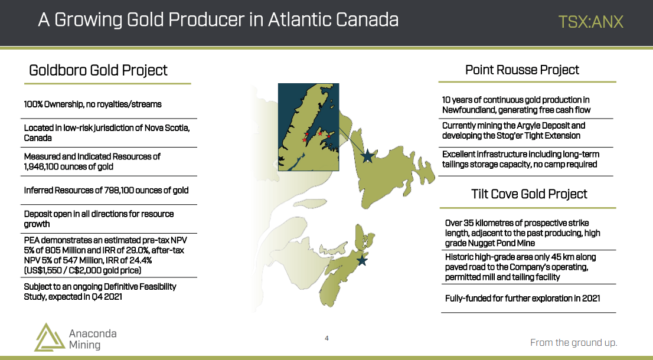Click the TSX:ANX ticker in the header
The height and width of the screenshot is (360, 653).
[x=590, y=22]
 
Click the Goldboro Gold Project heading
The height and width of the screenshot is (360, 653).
[x=98, y=70]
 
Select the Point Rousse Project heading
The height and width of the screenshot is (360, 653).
[x=522, y=70]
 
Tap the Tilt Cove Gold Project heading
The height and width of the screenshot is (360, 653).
[x=529, y=194]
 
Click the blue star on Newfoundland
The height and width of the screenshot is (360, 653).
[x=367, y=156]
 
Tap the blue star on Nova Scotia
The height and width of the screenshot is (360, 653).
[x=362, y=260]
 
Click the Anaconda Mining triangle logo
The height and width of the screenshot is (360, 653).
[x=49, y=337]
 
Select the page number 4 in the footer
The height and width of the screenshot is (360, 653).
[x=326, y=338]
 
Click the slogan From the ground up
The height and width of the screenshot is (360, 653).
[x=573, y=342]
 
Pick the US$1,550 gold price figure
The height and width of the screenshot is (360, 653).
[x=44, y=270]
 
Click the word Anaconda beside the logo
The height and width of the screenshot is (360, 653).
[x=93, y=333]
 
